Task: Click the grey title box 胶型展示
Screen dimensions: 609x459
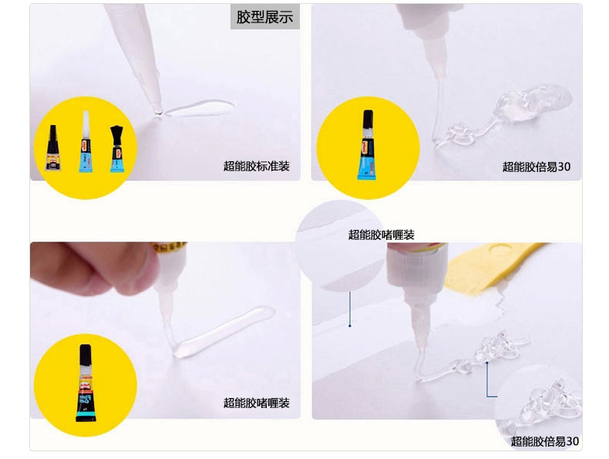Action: tap(265, 17)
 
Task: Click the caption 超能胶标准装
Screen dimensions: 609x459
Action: tap(257, 167)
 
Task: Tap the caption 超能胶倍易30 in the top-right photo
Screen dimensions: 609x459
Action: tap(537, 167)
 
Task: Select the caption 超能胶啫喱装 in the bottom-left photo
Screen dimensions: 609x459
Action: tap(257, 403)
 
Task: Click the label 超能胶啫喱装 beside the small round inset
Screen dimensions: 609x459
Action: tap(382, 235)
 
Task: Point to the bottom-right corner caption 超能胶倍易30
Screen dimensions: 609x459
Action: tap(544, 441)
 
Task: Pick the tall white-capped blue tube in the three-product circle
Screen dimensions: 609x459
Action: tap(86, 141)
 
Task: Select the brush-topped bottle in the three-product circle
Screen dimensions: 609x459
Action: tap(116, 148)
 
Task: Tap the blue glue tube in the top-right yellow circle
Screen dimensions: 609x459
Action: tap(368, 145)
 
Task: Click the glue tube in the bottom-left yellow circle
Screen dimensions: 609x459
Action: tap(86, 383)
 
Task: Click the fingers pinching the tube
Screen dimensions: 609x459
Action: tap(93, 269)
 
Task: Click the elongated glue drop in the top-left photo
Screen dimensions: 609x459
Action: tap(199, 108)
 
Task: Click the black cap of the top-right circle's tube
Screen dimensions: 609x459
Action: tap(368, 120)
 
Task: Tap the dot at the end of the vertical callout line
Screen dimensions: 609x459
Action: tap(350, 326)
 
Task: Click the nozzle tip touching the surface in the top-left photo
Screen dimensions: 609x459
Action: tap(158, 112)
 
